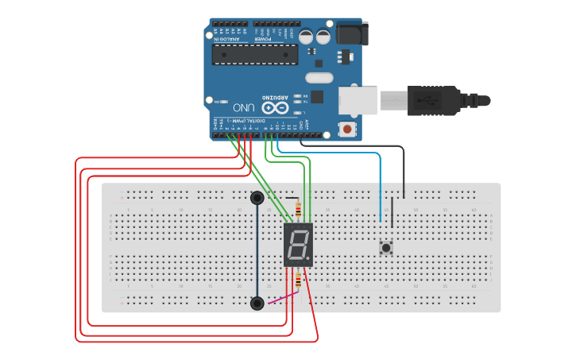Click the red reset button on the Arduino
[x=346, y=128]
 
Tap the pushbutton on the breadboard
[x=386, y=248]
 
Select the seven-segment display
[x=298, y=244]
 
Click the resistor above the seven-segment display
[x=298, y=211]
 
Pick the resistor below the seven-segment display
[x=298, y=280]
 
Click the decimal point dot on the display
[x=310, y=259]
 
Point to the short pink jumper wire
[x=282, y=298]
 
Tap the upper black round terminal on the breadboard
[x=257, y=197]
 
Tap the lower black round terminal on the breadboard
[x=257, y=303]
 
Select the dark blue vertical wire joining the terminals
[x=257, y=250]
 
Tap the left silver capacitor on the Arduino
[x=307, y=37]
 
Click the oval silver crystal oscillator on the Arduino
[x=318, y=78]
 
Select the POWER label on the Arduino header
[x=263, y=37]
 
